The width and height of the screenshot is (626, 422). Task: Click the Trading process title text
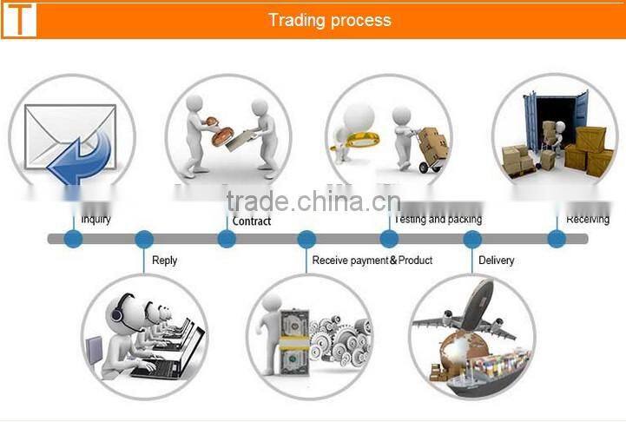coord(329,20)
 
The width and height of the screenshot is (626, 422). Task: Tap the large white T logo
coord(19,19)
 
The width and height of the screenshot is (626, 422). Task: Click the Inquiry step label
coord(96,220)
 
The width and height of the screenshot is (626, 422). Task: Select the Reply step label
coord(164,260)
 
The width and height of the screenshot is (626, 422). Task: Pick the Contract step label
coord(252,221)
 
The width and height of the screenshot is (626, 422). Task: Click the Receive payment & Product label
coord(372,260)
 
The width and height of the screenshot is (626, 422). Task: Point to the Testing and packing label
coord(438,220)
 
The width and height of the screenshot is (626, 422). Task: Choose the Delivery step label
coord(496,260)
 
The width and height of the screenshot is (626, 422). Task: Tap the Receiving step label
coord(588,220)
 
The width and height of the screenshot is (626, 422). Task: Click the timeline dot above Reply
coord(144,239)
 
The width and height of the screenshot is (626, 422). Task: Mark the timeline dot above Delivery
coord(472,239)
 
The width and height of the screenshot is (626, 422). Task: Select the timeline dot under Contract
coord(227,239)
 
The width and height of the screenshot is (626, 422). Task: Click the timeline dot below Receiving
coord(557,239)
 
